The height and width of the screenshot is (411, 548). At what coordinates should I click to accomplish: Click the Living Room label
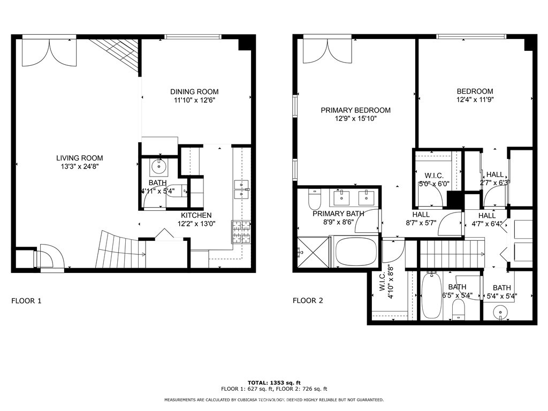tap(80, 158)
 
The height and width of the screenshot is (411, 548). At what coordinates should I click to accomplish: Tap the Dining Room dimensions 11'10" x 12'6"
tap(194, 100)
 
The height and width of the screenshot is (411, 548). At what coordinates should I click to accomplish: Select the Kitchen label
tap(196, 215)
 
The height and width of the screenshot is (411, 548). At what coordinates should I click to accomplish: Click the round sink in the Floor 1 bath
tap(159, 167)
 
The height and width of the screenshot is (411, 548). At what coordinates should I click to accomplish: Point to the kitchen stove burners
tap(241, 231)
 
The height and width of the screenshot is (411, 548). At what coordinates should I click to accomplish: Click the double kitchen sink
tap(241, 189)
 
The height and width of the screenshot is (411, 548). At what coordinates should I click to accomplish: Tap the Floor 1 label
tap(27, 301)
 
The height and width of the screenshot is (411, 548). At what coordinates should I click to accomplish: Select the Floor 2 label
tap(308, 300)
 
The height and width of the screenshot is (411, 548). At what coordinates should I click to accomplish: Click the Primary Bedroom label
tap(356, 110)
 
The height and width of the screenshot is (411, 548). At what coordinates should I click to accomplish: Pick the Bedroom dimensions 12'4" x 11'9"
tap(475, 100)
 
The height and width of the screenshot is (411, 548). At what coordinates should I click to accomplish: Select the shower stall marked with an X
tap(313, 253)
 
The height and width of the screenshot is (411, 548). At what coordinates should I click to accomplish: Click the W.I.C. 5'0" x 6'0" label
tap(434, 179)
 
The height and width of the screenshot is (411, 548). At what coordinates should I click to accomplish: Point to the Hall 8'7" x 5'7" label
tap(421, 218)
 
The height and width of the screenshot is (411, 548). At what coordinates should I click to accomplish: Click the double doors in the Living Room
tap(49, 52)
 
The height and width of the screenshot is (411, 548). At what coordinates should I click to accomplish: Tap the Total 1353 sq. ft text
tap(274, 383)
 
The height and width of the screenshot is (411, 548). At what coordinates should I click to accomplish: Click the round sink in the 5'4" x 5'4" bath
tap(501, 311)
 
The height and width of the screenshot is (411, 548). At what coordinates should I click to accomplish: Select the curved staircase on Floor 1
tap(120, 249)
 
